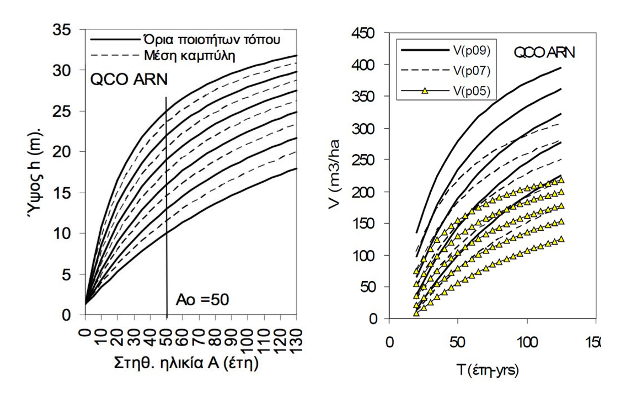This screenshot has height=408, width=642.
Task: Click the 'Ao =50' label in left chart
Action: [x=202, y=301]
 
